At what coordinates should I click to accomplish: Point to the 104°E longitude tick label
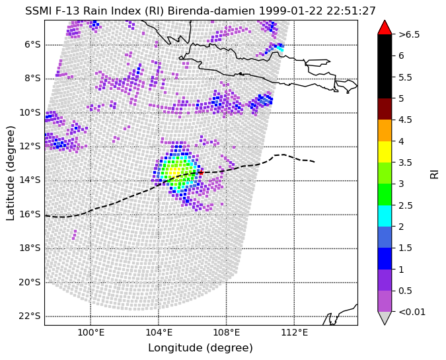click(x=159, y=332)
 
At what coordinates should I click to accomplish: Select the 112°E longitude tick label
click(x=295, y=332)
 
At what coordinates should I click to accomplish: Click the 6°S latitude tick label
click(x=32, y=44)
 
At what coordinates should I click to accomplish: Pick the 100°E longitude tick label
click(x=91, y=332)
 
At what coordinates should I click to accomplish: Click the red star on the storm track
click(x=201, y=172)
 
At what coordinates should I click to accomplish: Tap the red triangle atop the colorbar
click(x=385, y=27)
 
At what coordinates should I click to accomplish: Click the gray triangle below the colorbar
click(x=385, y=318)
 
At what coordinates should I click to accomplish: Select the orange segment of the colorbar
click(x=385, y=131)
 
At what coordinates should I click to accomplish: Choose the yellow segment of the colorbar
click(x=385, y=152)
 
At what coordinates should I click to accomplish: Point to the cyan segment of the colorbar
click(x=385, y=216)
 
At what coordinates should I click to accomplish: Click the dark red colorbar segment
click(x=385, y=109)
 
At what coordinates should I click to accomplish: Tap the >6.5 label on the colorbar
click(x=409, y=34)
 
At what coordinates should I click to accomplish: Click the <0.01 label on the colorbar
click(x=412, y=312)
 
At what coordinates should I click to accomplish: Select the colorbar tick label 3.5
click(x=405, y=162)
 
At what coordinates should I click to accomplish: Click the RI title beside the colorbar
click(x=434, y=173)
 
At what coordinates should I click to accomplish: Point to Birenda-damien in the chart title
click(x=211, y=11)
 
